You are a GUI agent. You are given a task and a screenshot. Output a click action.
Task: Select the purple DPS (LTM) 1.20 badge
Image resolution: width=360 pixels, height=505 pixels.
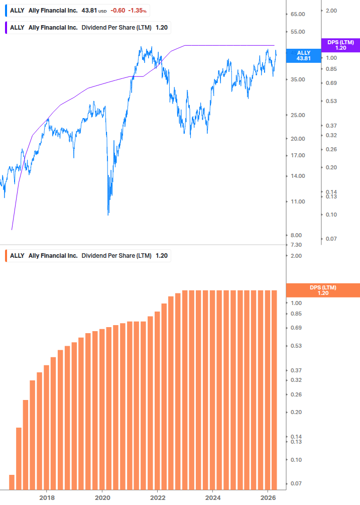click(340, 45)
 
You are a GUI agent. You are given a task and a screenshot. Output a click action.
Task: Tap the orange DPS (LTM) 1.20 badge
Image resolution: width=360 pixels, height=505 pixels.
click(322, 290)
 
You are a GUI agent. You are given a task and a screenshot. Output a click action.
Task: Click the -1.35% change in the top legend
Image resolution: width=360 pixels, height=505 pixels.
click(137, 11)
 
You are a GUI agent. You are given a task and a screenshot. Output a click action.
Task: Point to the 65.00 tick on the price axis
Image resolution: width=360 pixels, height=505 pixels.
click(298, 15)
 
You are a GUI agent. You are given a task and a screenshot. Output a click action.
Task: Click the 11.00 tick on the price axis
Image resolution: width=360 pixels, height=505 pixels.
click(298, 201)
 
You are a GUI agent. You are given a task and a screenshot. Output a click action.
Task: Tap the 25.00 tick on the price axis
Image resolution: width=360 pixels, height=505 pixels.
click(298, 115)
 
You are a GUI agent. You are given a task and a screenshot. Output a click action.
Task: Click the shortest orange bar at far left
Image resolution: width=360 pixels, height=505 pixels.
click(12, 482)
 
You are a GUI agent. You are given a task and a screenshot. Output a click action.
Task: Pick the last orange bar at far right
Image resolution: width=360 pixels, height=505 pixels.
click(274, 389)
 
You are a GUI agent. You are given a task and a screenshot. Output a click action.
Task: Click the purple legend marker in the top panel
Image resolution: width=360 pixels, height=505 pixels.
click(6, 27)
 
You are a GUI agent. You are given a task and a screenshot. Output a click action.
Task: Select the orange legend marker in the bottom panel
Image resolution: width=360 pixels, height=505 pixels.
click(6, 256)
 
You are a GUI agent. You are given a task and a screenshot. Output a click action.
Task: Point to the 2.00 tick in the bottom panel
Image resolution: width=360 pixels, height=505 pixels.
click(296, 256)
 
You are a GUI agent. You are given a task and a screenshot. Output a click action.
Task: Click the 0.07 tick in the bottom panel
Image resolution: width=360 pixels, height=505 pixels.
click(296, 483)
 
